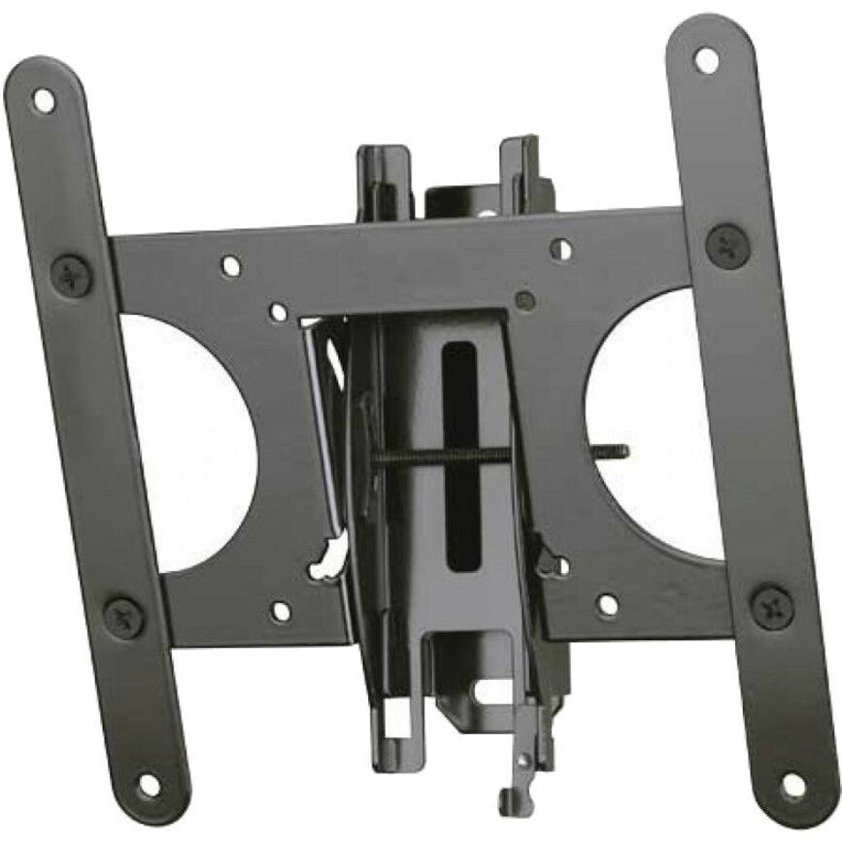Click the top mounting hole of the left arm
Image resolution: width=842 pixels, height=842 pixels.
pos(43,99)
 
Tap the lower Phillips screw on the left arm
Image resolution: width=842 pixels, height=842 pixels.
pos(123,617)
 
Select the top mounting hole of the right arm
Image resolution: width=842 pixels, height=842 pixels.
pos(706,59)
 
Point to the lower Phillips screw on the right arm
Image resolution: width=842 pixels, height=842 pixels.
pos(772,606)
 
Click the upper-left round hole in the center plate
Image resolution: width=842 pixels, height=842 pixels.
pos(230,265)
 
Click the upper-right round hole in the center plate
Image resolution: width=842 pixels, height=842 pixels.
pos(560,249)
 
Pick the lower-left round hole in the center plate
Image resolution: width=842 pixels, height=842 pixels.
pos(280,611)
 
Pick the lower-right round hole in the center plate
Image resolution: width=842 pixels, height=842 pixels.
pos(607,605)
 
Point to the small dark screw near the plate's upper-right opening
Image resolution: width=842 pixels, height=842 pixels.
pos(525,298)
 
